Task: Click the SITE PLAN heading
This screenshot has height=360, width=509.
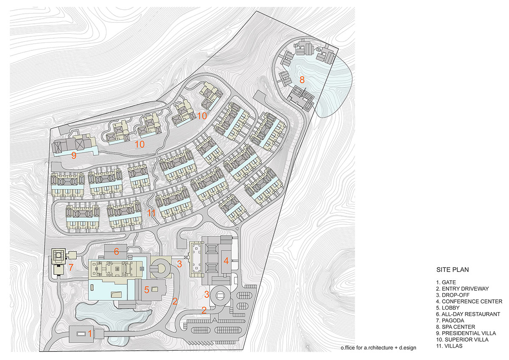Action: (x=453, y=270)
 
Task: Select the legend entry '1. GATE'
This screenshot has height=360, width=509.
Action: (x=446, y=282)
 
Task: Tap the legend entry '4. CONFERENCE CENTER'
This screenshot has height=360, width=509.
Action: (x=469, y=301)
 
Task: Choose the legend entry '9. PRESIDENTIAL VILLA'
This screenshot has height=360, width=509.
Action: (x=466, y=333)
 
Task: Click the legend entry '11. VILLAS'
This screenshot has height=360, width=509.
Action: (x=449, y=346)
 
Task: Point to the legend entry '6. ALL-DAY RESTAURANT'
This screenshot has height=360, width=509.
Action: (x=468, y=314)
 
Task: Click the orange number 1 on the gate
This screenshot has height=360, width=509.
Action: (x=90, y=334)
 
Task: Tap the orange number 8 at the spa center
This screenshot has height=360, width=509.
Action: (x=302, y=80)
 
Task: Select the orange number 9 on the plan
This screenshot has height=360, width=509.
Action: (x=74, y=155)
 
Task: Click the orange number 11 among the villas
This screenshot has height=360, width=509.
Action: (x=151, y=213)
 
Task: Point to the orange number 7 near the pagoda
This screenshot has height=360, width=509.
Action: (x=71, y=267)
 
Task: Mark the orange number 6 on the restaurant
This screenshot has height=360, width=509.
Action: (x=116, y=251)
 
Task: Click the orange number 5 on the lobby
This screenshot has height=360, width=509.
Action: (x=147, y=290)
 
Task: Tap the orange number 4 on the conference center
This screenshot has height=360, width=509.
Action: (x=226, y=261)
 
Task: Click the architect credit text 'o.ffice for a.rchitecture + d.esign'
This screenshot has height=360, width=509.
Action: (x=378, y=348)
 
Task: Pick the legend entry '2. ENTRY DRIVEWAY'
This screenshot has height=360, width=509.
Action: (x=462, y=289)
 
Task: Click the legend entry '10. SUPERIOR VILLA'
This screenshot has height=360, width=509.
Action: (x=462, y=340)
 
